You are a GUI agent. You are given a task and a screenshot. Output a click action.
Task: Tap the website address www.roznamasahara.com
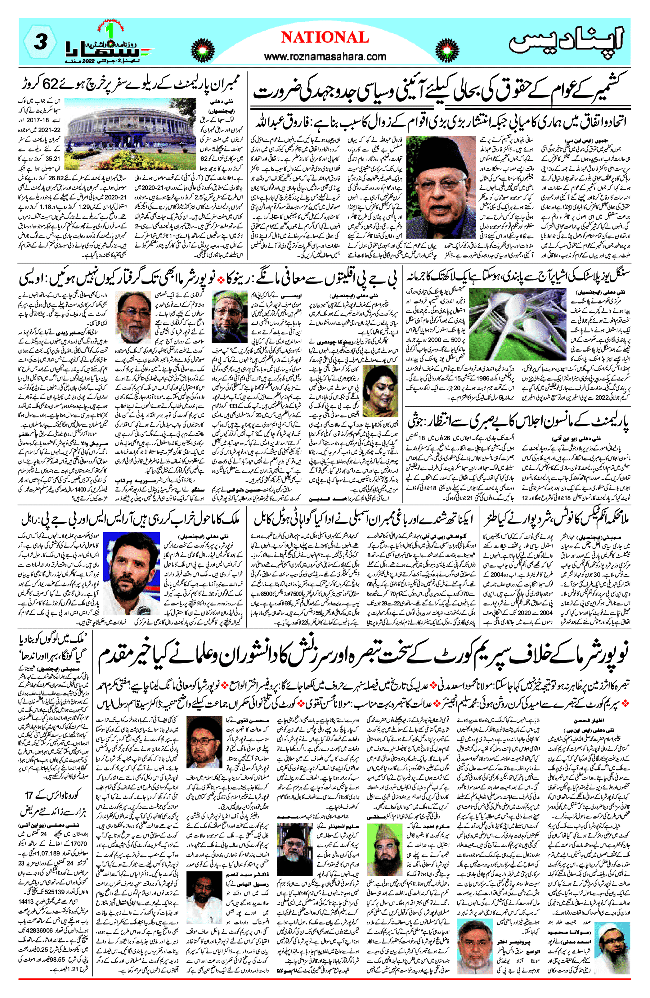(x=325, y=56)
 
